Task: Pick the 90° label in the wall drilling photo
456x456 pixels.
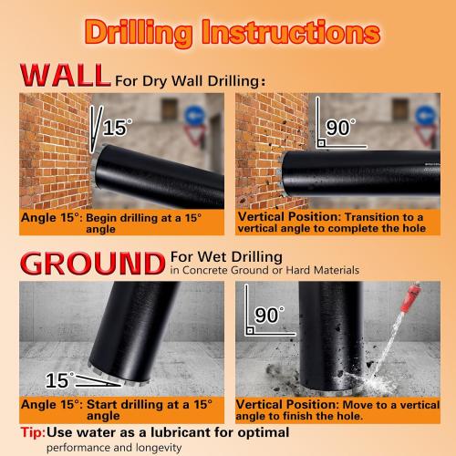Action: [x=338, y=128]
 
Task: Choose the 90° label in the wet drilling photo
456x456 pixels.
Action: [x=269, y=316]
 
